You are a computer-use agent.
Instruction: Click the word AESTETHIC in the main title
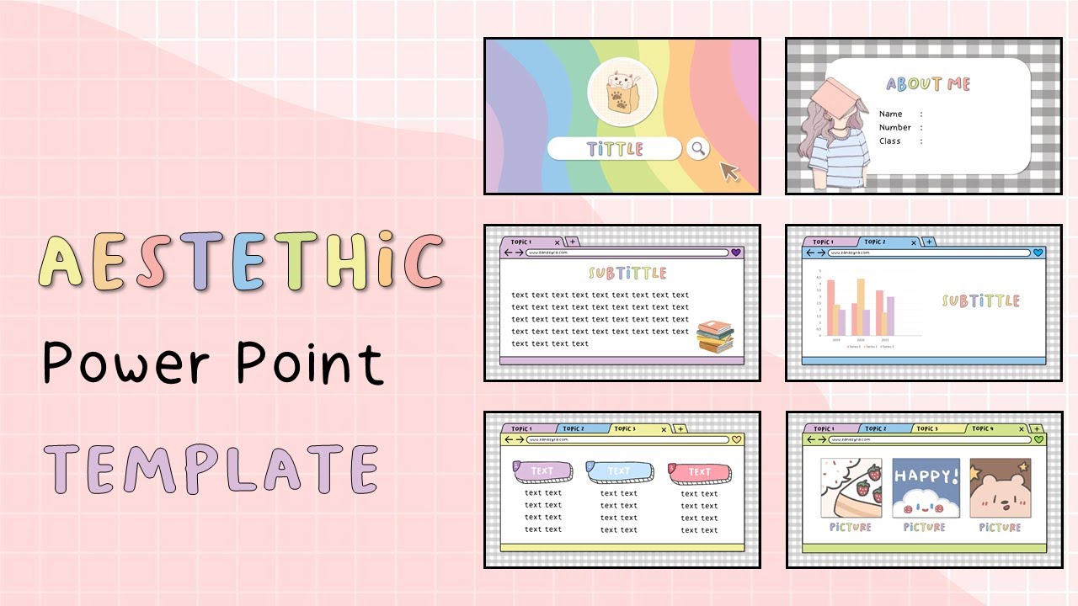point(240,262)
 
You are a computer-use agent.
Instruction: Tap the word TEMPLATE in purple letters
point(211,469)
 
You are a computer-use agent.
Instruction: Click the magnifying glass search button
point(697,149)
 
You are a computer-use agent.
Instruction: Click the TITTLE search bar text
point(614,149)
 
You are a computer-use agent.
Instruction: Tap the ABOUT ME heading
point(928,84)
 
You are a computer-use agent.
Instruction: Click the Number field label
point(894,127)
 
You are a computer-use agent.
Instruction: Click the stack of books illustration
point(715,336)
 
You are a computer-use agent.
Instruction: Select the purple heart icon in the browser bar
point(735,252)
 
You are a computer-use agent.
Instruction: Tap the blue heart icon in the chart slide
point(1038,252)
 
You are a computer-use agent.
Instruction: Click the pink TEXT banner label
point(697,472)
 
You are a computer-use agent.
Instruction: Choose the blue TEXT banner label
point(620,471)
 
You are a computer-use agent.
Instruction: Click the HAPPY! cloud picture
point(926,488)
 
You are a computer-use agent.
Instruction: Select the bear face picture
point(1000,488)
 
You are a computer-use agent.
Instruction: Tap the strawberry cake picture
point(851,488)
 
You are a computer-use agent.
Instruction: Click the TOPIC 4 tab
point(981,428)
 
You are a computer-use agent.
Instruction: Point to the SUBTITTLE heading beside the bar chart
point(980,300)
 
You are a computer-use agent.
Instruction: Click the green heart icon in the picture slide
point(1038,439)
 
